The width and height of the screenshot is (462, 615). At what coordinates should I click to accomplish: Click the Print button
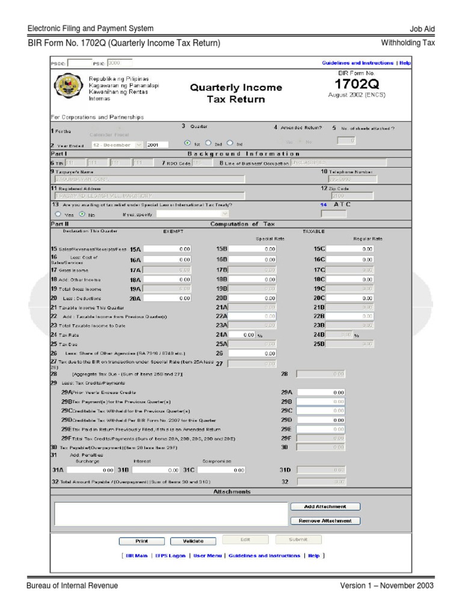[141, 541]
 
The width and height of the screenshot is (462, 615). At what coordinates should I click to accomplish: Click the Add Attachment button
[325, 506]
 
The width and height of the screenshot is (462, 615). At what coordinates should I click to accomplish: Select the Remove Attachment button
[325, 521]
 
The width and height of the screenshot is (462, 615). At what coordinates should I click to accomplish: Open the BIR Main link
[137, 556]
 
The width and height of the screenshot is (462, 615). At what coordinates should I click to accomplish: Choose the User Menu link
[207, 556]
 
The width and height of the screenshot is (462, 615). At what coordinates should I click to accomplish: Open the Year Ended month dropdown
[117, 145]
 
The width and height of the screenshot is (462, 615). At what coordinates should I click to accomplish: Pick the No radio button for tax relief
[82, 214]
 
